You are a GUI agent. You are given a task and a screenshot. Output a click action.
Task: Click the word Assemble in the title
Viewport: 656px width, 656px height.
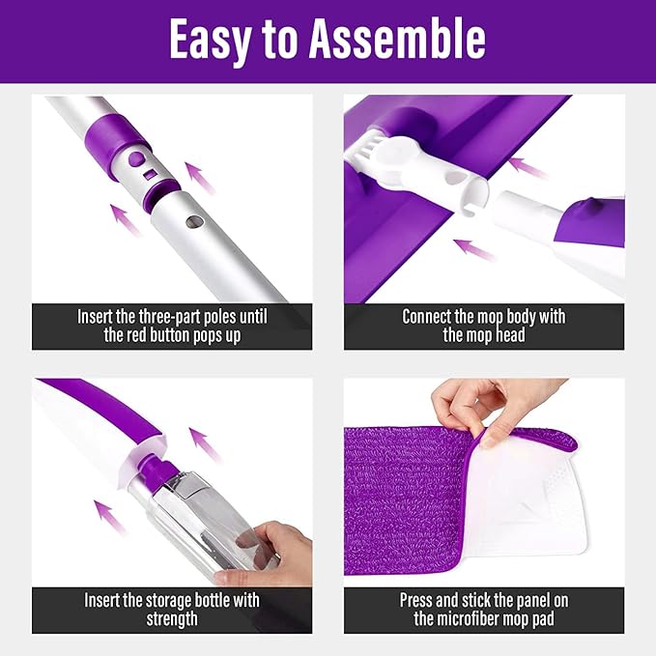pos(397,39)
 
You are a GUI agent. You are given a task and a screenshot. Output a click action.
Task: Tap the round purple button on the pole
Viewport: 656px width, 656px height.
pos(137,159)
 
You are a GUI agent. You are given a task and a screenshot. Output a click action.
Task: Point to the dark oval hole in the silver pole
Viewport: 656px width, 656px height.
pos(195,222)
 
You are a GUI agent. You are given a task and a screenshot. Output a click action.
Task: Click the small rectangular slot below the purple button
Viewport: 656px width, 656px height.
pos(150,175)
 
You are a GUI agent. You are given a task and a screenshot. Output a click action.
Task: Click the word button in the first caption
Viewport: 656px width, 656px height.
pos(170,335)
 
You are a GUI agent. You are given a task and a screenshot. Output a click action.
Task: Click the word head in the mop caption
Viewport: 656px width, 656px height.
pos(510,335)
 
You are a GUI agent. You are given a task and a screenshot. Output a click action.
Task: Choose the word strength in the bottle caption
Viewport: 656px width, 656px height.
pos(172,619)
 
